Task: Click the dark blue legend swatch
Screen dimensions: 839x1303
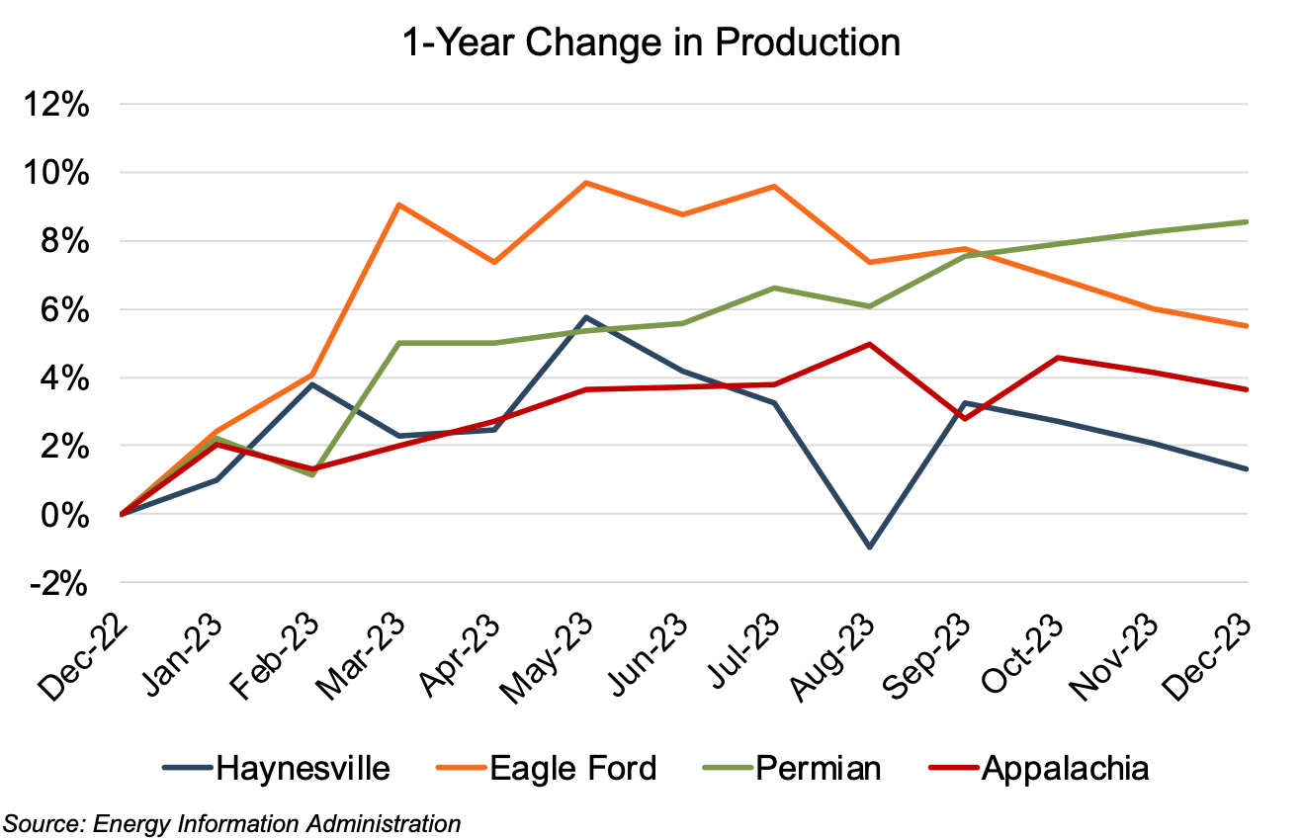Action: [x=188, y=767]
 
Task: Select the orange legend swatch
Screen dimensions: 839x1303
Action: [x=462, y=767]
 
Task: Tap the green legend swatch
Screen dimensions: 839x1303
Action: [x=728, y=767]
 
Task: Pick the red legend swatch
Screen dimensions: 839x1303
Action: [x=954, y=767]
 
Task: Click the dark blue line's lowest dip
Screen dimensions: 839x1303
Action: [x=870, y=546]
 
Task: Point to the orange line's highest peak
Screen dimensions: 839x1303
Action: [x=586, y=183]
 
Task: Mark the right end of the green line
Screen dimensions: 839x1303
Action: [x=1247, y=221]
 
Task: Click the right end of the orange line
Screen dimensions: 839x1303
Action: [x=1247, y=325]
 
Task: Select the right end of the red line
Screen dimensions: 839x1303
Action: [x=1247, y=389]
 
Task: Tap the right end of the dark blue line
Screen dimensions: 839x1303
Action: [x=1247, y=468]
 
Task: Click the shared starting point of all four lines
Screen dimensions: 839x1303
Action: [x=122, y=514]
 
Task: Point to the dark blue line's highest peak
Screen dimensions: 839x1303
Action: [x=586, y=317]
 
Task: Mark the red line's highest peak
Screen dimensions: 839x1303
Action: [x=870, y=344]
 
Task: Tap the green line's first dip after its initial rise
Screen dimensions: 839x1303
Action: [x=312, y=474]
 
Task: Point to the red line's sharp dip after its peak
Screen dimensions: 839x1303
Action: [x=964, y=419]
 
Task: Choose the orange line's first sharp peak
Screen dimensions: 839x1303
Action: [x=398, y=205]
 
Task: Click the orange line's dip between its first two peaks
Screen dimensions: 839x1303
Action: [x=494, y=262]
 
